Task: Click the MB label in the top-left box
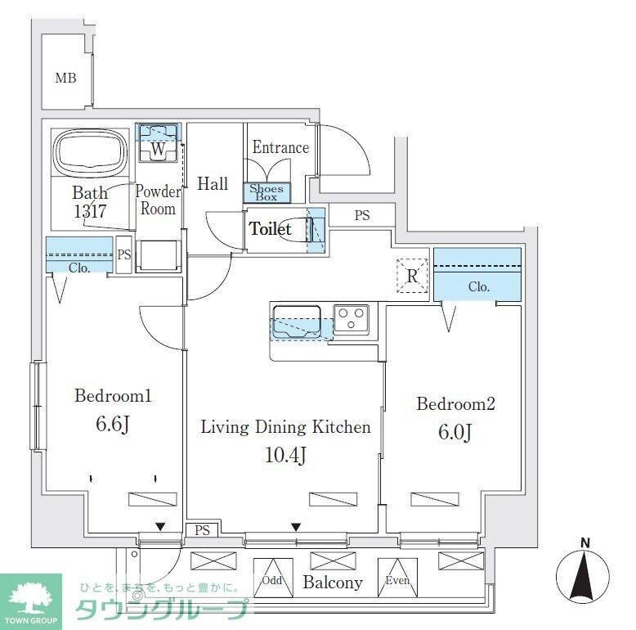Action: coord(65,79)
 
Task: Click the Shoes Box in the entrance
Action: coord(266,193)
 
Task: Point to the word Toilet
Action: coord(271,229)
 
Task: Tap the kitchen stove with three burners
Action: coord(352,317)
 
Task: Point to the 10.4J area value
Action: coord(285,455)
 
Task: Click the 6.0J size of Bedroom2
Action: coord(455,433)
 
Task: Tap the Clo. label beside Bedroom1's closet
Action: coord(79,268)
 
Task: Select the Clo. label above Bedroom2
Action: coord(479,287)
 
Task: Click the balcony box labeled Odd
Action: coord(272,579)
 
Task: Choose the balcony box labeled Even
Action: coord(396,579)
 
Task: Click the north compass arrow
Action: coord(584,576)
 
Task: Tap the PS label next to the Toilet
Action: coord(361,216)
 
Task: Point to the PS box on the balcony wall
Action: coord(202,531)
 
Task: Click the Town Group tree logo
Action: coord(29,597)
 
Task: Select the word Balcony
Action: coord(333,583)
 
